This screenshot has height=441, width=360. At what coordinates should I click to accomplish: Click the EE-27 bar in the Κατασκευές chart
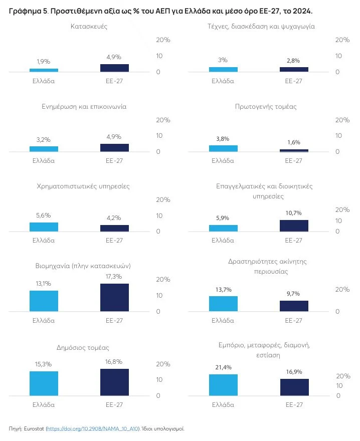coord(114,68)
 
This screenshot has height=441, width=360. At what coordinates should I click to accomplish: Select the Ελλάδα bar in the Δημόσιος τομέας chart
coord(44,384)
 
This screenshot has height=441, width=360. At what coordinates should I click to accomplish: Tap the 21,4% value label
coord(223,367)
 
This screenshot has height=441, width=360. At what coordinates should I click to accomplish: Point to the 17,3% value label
coord(114,277)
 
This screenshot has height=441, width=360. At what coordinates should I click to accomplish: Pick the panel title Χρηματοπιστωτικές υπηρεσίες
coord(83,186)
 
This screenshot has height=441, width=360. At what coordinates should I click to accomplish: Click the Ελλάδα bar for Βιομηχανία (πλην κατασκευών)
coord(44,301)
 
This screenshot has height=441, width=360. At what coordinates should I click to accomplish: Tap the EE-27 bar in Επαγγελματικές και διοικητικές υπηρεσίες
coord(294,226)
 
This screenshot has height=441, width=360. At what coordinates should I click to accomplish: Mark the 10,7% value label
coord(294,213)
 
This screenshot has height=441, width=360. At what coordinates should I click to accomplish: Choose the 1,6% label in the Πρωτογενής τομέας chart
coord(294,142)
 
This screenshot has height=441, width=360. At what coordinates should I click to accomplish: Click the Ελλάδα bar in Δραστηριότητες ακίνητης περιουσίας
coord(223,304)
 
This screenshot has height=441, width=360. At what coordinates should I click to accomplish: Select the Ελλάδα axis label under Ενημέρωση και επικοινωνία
coord(44,161)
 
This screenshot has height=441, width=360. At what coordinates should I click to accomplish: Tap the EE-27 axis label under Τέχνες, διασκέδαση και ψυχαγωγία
coord(294,81)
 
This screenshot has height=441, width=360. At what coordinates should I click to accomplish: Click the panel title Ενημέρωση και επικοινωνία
coord(84,107)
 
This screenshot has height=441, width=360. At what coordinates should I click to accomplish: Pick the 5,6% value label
coord(44,215)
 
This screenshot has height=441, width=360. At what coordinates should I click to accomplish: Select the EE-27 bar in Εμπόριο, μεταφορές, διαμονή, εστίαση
coord(294,387)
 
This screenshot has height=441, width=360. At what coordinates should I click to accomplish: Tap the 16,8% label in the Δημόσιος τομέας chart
coord(114,362)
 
